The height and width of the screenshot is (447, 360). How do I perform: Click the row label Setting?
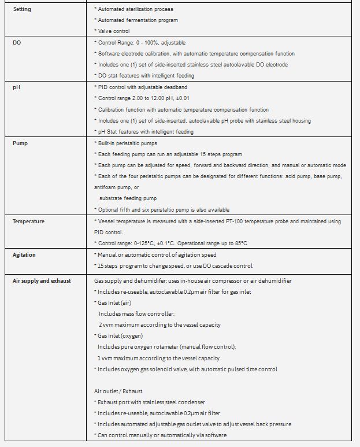coord(22,9)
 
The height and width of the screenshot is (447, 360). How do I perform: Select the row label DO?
coord(17,43)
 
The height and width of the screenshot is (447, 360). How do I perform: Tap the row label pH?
coord(16,87)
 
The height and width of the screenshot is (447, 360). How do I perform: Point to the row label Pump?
coord(20,143)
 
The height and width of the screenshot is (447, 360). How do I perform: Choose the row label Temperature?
coord(28,221)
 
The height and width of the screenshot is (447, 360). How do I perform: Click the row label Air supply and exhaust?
coord(42,280)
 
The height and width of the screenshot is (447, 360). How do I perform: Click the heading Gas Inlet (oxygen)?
coord(119,335)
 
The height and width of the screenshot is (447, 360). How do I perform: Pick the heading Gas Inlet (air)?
coord(114,302)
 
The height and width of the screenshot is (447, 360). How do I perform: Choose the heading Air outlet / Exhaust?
coord(118,391)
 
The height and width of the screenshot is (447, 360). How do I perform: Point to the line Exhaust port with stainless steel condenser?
coord(149,402)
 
